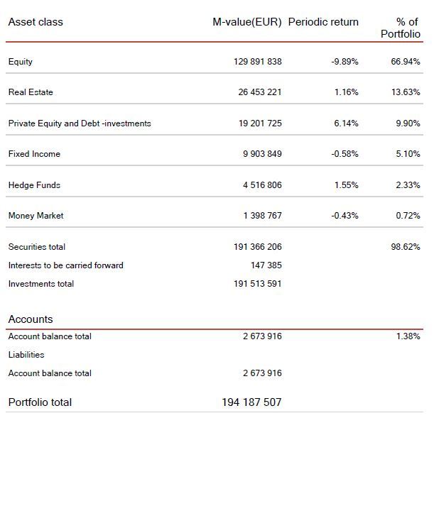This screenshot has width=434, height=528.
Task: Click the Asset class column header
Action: pos(36,22)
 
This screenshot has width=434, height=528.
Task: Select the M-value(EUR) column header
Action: pos(247,22)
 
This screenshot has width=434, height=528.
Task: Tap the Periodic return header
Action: pos(323,22)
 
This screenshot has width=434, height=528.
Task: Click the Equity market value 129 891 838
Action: pos(257,62)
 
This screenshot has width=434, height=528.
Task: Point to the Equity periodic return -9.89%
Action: pos(345,62)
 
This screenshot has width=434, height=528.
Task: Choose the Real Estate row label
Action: pos(31,92)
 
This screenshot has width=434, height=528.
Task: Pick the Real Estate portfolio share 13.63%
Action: pos(406,92)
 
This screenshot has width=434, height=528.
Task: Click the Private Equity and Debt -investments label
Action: pos(80,123)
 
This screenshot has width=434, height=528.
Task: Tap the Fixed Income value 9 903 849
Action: pos(262,154)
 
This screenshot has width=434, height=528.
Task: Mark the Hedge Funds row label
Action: pos(34,185)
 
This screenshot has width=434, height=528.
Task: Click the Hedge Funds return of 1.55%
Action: pos(346,185)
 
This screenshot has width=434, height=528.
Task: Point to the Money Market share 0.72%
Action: pos(408,216)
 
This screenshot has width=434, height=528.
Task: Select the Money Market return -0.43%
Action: pos(345,216)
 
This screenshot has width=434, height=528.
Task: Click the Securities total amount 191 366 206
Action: pos(257,247)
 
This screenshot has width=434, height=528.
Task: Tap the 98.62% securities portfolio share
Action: pos(406,247)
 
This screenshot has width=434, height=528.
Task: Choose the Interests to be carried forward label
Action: pos(65,265)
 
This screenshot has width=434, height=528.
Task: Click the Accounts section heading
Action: pos(31,319)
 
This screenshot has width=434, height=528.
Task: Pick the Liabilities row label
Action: pos(26,355)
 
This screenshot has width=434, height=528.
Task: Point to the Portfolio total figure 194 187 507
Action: pos(251,402)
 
